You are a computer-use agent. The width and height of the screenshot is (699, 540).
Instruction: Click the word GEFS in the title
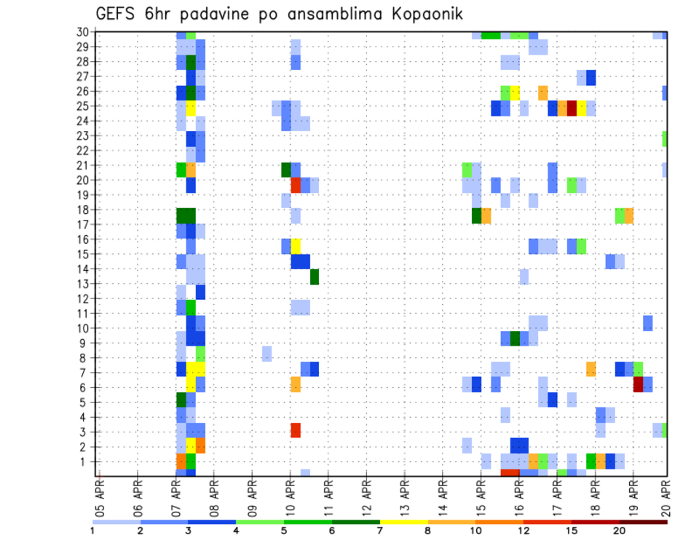point(118,14)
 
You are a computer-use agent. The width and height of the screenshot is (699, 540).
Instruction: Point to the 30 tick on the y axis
point(84,32)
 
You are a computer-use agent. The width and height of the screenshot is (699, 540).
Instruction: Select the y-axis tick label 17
point(84,224)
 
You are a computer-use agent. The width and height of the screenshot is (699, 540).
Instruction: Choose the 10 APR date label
point(290,499)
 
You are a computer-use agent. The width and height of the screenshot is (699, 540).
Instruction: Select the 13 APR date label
point(404,499)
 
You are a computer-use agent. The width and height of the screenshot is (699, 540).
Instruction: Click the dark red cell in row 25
point(572,108)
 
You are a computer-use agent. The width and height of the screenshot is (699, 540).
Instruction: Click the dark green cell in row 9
point(515,338)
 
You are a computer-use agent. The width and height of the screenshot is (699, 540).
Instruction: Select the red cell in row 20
point(296,185)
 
